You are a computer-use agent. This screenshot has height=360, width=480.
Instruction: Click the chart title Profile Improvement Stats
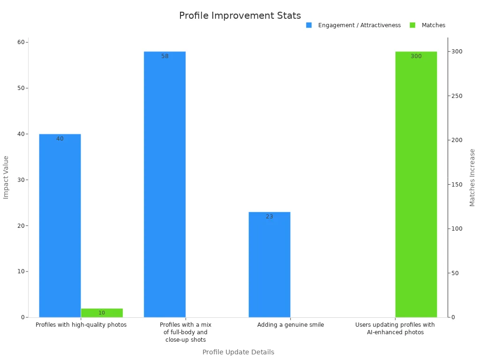(240, 15)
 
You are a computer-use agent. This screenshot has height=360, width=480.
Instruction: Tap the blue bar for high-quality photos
(60, 225)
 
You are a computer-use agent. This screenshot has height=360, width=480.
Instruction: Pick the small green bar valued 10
(102, 313)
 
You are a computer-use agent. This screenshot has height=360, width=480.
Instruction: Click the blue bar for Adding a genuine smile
(270, 265)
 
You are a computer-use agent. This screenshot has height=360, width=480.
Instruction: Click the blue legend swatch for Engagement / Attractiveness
(309, 25)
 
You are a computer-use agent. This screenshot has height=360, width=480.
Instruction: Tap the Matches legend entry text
(433, 25)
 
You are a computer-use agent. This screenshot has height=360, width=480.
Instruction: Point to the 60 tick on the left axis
(21, 42)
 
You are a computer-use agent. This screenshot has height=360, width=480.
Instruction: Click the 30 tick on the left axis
(21, 180)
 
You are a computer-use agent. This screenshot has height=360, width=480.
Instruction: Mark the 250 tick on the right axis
(457, 96)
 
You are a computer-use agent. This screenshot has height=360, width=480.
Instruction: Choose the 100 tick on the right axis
(457, 229)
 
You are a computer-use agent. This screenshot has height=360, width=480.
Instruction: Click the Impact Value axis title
(6, 177)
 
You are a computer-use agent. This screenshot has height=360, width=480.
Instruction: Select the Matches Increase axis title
(472, 177)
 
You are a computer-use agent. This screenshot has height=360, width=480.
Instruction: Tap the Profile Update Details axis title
(238, 352)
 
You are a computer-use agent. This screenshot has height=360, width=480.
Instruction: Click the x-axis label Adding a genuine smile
(290, 325)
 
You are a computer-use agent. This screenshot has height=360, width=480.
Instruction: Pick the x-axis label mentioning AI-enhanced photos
(395, 329)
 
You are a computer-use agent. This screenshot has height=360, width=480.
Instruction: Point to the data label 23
(270, 217)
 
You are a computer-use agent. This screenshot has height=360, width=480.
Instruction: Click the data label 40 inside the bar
(60, 139)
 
